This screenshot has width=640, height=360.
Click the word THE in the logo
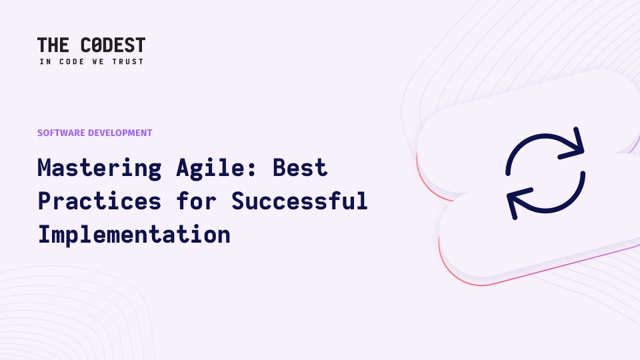53,45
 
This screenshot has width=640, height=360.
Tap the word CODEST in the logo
113,45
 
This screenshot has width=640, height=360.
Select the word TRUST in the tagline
128,61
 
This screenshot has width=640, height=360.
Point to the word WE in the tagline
98,61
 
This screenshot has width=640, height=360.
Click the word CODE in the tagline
72,61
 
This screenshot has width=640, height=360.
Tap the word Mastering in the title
99,168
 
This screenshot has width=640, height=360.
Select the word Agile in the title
212,168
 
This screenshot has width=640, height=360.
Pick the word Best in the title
300,167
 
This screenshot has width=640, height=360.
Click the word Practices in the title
99,201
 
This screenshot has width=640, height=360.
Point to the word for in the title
197,200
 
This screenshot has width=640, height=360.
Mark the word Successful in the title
299,200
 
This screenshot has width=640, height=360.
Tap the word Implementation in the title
134,234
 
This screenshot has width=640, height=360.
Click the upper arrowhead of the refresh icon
573,145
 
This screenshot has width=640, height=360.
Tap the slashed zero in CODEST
97,45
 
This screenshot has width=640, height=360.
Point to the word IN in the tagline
45,61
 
